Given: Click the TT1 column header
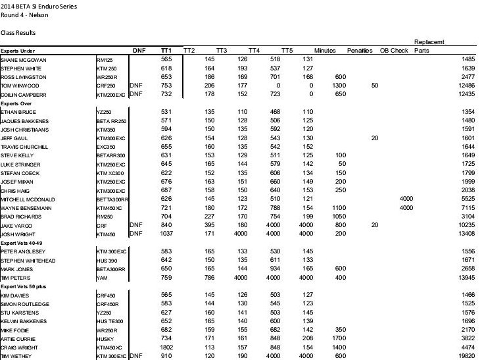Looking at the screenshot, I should [x=166, y=50].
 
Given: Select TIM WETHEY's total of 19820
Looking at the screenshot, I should [x=463, y=356].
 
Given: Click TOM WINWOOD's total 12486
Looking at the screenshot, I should [x=463, y=86].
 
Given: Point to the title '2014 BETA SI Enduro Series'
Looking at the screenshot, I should [x=38, y=6].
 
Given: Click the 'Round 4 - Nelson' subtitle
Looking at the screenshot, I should [x=25, y=15].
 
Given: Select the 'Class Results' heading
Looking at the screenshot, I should [x=18, y=32].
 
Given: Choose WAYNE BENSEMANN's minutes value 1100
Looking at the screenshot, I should [x=322, y=207].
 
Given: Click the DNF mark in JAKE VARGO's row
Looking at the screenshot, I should [x=136, y=225].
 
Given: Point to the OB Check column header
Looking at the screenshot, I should [x=393, y=50].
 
